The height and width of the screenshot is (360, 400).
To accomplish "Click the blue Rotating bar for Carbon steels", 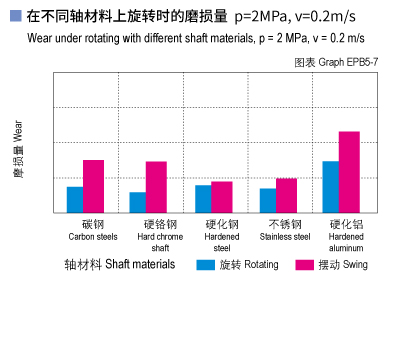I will [75, 199].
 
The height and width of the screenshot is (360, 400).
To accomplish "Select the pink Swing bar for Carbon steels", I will [93, 186].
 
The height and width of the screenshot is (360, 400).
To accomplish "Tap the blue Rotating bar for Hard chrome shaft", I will [138, 202].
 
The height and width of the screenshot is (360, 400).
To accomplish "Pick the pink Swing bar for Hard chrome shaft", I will [156, 187].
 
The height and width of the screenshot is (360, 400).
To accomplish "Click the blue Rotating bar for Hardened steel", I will [203, 198].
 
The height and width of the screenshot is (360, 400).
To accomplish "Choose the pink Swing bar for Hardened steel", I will [221, 197].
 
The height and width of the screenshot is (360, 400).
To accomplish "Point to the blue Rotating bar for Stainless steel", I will [267, 200].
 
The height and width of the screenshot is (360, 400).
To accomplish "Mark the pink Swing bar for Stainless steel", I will [286, 195].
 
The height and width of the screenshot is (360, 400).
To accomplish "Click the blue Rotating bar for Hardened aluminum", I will [330, 186].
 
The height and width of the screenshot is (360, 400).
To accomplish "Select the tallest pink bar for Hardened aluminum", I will [349, 172].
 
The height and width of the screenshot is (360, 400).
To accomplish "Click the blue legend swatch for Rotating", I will [205, 265].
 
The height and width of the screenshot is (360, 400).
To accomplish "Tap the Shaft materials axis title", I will [119, 265].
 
